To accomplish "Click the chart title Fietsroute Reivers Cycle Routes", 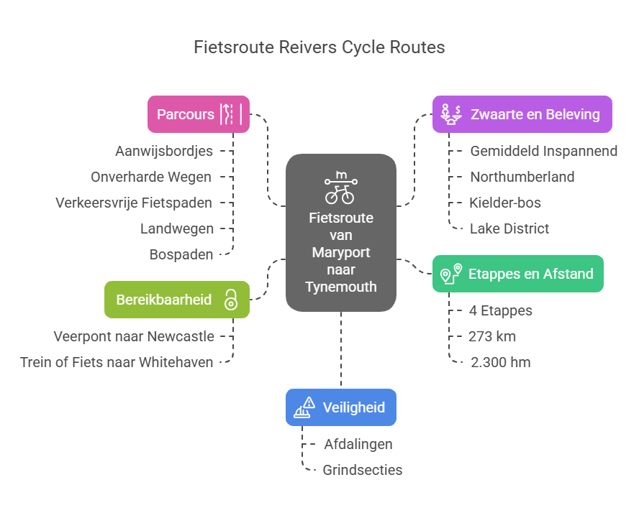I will point(319,47).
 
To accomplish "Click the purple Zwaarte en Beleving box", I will point(522,114).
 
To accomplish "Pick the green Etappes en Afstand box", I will point(517,274).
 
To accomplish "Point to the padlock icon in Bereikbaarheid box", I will point(230,299).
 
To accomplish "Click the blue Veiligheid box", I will point(340,407).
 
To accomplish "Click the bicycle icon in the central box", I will point(340,188).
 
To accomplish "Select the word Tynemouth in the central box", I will point(340,287).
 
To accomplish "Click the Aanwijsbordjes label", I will point(164,151).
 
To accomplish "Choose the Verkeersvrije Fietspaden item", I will point(134,203).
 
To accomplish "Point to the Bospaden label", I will point(181,254).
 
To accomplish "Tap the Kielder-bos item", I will point(505,203).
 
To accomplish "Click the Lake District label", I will point(509,228).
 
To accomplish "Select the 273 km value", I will point(491,336).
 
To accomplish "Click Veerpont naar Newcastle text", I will point(133,336).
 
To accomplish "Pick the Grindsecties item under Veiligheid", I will point(363,470).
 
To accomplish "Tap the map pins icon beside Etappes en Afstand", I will point(451,274).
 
